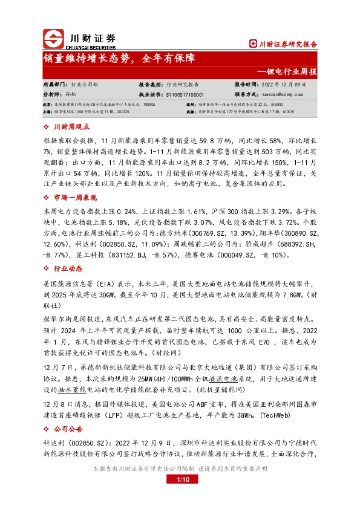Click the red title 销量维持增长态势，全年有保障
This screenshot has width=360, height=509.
pos(119,59)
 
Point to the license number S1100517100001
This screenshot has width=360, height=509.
pos(184,95)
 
